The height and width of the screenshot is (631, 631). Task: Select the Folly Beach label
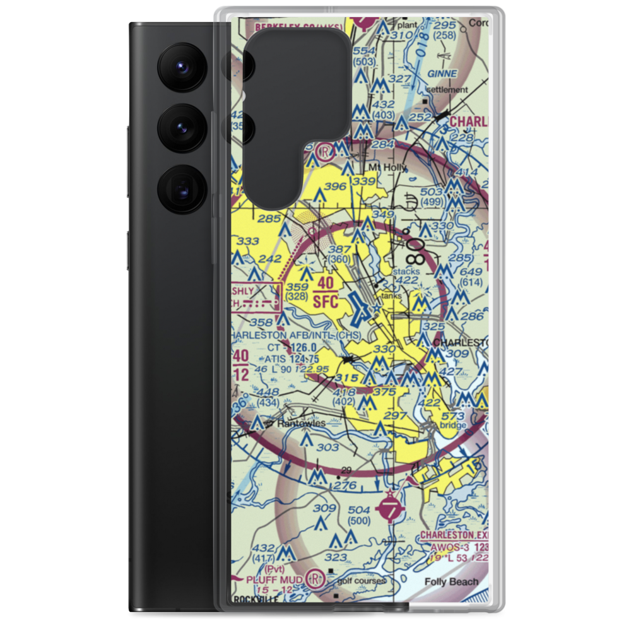451,582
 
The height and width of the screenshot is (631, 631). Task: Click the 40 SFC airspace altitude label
325,292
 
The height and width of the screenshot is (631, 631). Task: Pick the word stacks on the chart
406,271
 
